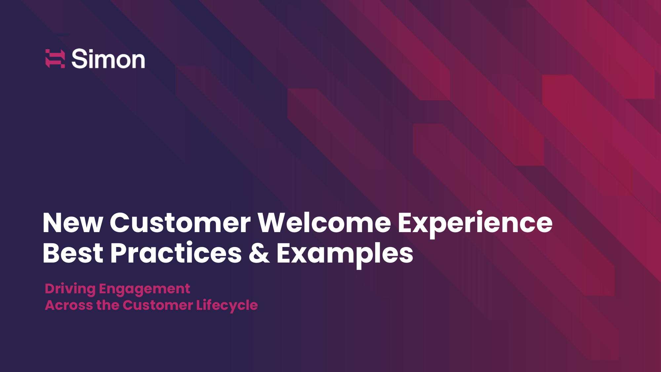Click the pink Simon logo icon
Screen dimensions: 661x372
pos(55,59)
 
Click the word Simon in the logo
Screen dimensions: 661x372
pos(108,59)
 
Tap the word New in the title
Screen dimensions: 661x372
pos(73,223)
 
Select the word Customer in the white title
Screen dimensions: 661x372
pos(180,223)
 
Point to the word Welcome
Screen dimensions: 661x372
pos(324,223)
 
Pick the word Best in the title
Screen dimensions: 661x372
pos(73,253)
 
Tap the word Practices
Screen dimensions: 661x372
pos(176,253)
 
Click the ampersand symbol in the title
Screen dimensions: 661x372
pos(259,253)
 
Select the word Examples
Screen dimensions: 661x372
pos(345,255)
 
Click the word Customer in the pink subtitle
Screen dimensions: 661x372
pos(158,305)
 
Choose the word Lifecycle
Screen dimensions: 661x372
pos(227,306)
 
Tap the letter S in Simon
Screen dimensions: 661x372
pos(79,59)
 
